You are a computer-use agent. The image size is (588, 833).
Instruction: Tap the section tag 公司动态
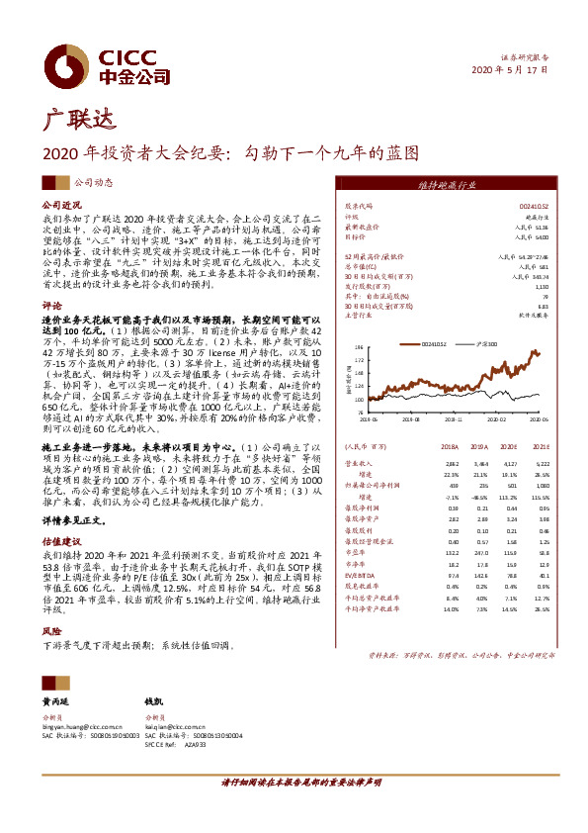pyautogui.click(x=95, y=182)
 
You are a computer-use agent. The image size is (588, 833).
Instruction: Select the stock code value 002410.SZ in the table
pyautogui.click(x=534, y=205)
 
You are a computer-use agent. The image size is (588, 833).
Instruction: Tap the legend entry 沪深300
pyautogui.click(x=485, y=343)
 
